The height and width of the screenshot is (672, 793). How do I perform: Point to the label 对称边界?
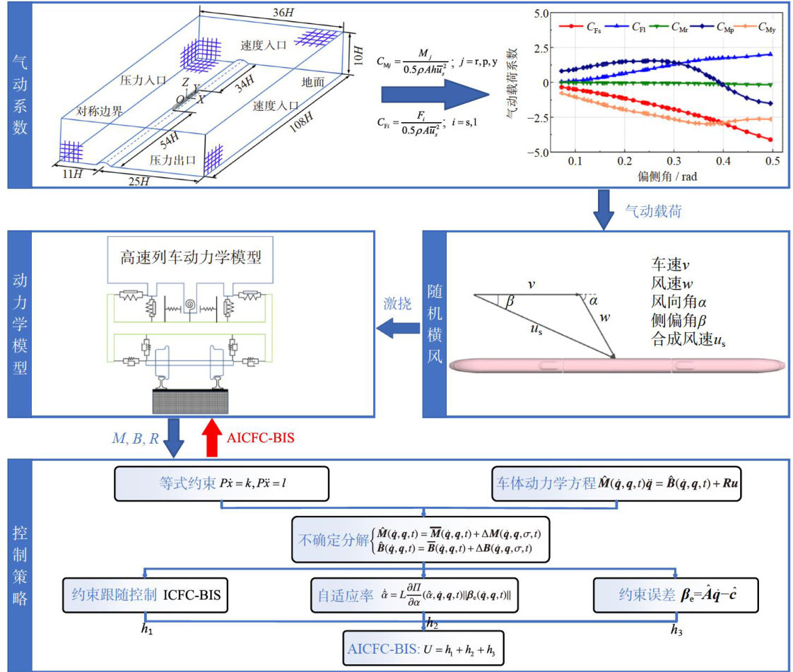coord(100,112)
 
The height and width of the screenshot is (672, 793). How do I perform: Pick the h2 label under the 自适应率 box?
coord(433,622)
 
